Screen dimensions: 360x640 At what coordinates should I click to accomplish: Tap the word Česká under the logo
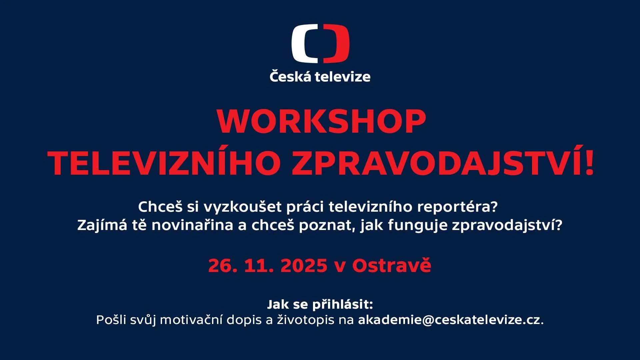click(x=290, y=76)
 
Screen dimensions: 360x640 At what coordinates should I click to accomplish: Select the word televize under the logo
click(x=343, y=77)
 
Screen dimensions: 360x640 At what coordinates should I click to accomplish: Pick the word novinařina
click(x=192, y=225)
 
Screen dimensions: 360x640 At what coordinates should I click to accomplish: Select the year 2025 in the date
click(x=304, y=266)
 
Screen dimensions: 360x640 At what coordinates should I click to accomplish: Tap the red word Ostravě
click(x=392, y=266)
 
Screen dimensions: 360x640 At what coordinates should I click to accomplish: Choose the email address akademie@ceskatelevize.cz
click(x=449, y=320)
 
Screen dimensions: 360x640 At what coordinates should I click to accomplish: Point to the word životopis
click(x=306, y=320)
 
